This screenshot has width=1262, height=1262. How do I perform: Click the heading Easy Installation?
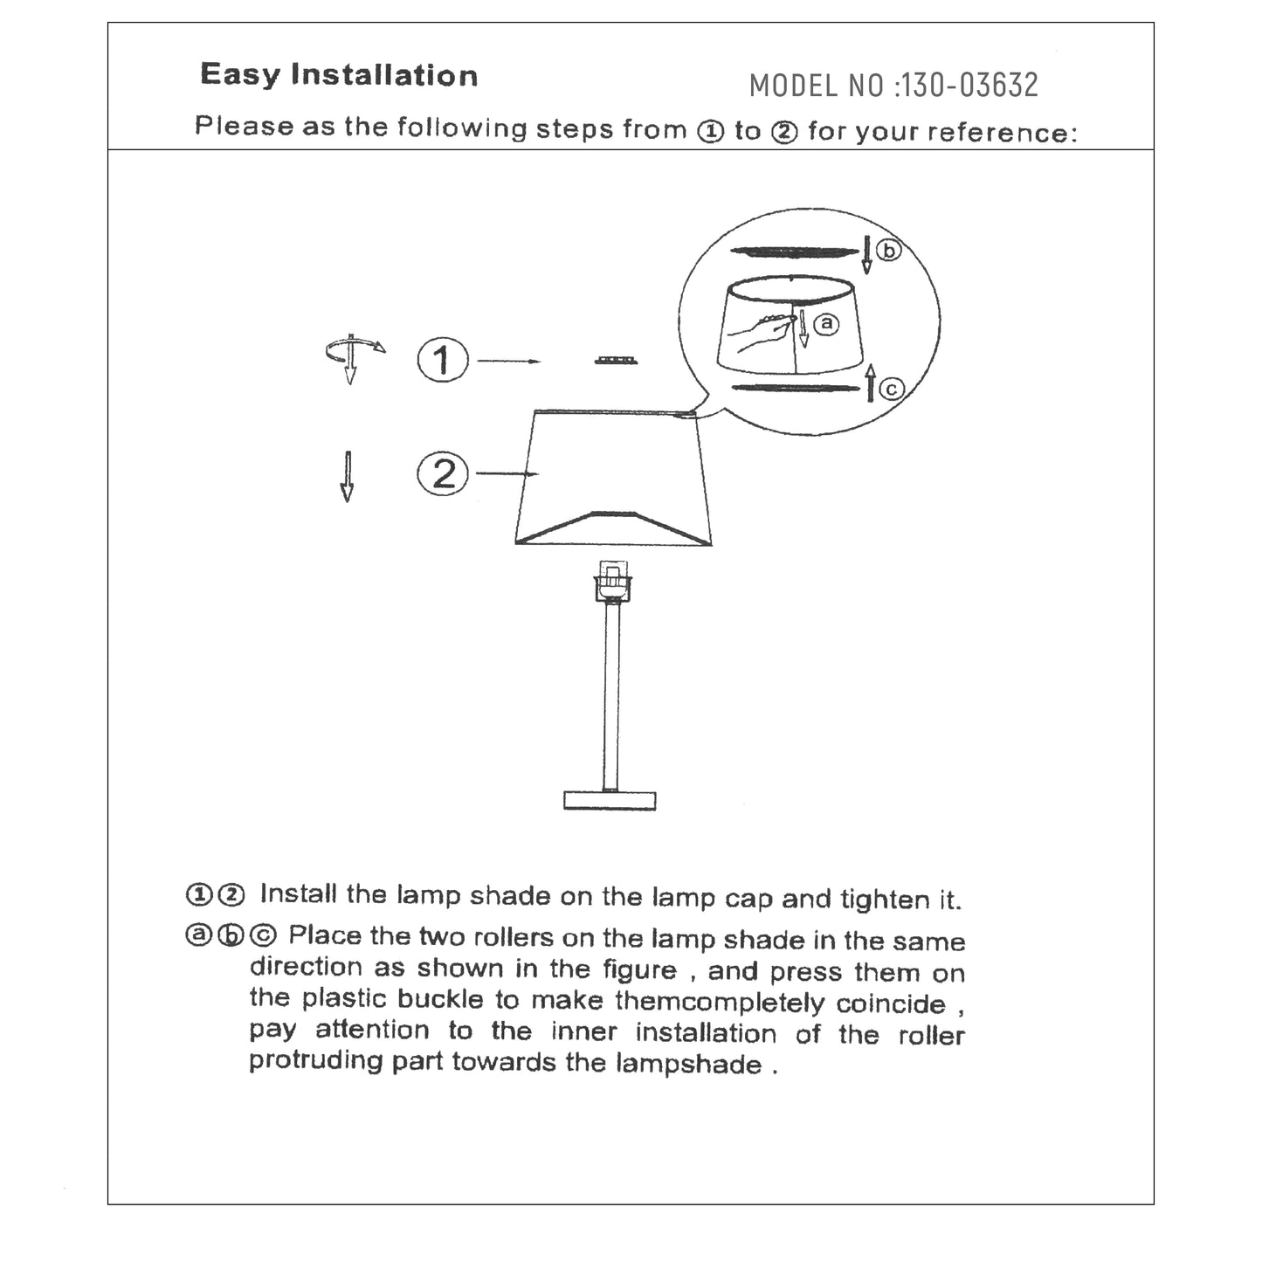[x=339, y=75]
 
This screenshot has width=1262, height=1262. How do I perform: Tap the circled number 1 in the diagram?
[x=443, y=360]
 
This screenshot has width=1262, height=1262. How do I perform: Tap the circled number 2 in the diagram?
[x=443, y=473]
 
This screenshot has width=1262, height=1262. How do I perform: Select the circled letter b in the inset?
[x=888, y=251]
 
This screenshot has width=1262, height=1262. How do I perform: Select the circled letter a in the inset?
[x=825, y=324]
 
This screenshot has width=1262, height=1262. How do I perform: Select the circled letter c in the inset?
[x=891, y=390]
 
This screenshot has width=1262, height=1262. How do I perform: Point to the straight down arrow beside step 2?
[x=347, y=476]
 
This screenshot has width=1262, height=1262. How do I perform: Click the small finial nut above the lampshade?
[x=616, y=361]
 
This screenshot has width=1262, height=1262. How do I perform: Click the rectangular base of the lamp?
[x=610, y=799]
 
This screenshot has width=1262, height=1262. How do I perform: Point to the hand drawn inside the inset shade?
[x=763, y=333]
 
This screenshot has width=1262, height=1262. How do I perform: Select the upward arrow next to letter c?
[x=871, y=384]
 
